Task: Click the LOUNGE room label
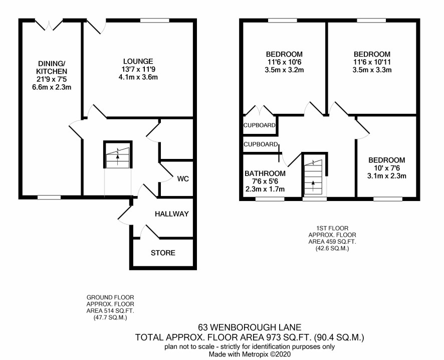138,61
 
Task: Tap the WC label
183,179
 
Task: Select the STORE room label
163,253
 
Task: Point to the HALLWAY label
172,214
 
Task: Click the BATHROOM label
265,173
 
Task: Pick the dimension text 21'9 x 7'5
52,79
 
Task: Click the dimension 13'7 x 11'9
138,69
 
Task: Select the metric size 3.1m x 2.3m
387,176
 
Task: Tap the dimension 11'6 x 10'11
372,62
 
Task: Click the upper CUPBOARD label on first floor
260,125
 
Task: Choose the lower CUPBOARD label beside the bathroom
261,144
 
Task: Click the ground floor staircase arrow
118,160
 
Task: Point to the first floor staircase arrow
313,186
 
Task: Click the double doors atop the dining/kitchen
49,25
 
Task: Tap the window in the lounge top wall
155,21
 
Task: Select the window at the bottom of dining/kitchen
49,198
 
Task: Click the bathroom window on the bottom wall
270,199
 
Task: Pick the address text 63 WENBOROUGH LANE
250,328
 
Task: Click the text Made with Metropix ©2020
250,354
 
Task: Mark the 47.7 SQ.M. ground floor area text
110,318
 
